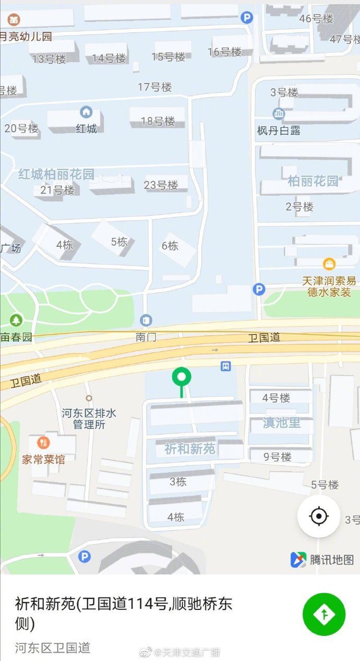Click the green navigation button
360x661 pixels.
click(x=324, y=614)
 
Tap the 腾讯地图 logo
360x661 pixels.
click(x=322, y=559)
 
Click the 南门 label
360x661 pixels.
click(x=147, y=337)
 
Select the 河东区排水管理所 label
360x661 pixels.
click(x=89, y=418)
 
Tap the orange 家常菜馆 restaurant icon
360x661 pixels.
click(x=43, y=443)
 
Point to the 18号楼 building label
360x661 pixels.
click(x=158, y=121)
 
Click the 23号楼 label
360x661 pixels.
click(x=161, y=185)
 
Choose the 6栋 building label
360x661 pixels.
click(x=170, y=245)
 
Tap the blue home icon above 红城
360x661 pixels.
click(x=86, y=112)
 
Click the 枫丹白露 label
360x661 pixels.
click(x=279, y=130)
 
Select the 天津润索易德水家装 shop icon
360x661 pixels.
click(x=329, y=264)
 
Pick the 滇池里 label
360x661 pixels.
click(x=282, y=423)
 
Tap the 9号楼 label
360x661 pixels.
click(x=277, y=457)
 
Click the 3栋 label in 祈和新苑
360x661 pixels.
click(x=177, y=482)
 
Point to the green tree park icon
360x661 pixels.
click(x=16, y=320)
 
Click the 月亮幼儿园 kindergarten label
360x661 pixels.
click(x=26, y=37)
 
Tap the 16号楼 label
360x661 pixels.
click(x=224, y=52)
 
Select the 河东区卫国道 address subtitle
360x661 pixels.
click(x=53, y=647)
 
